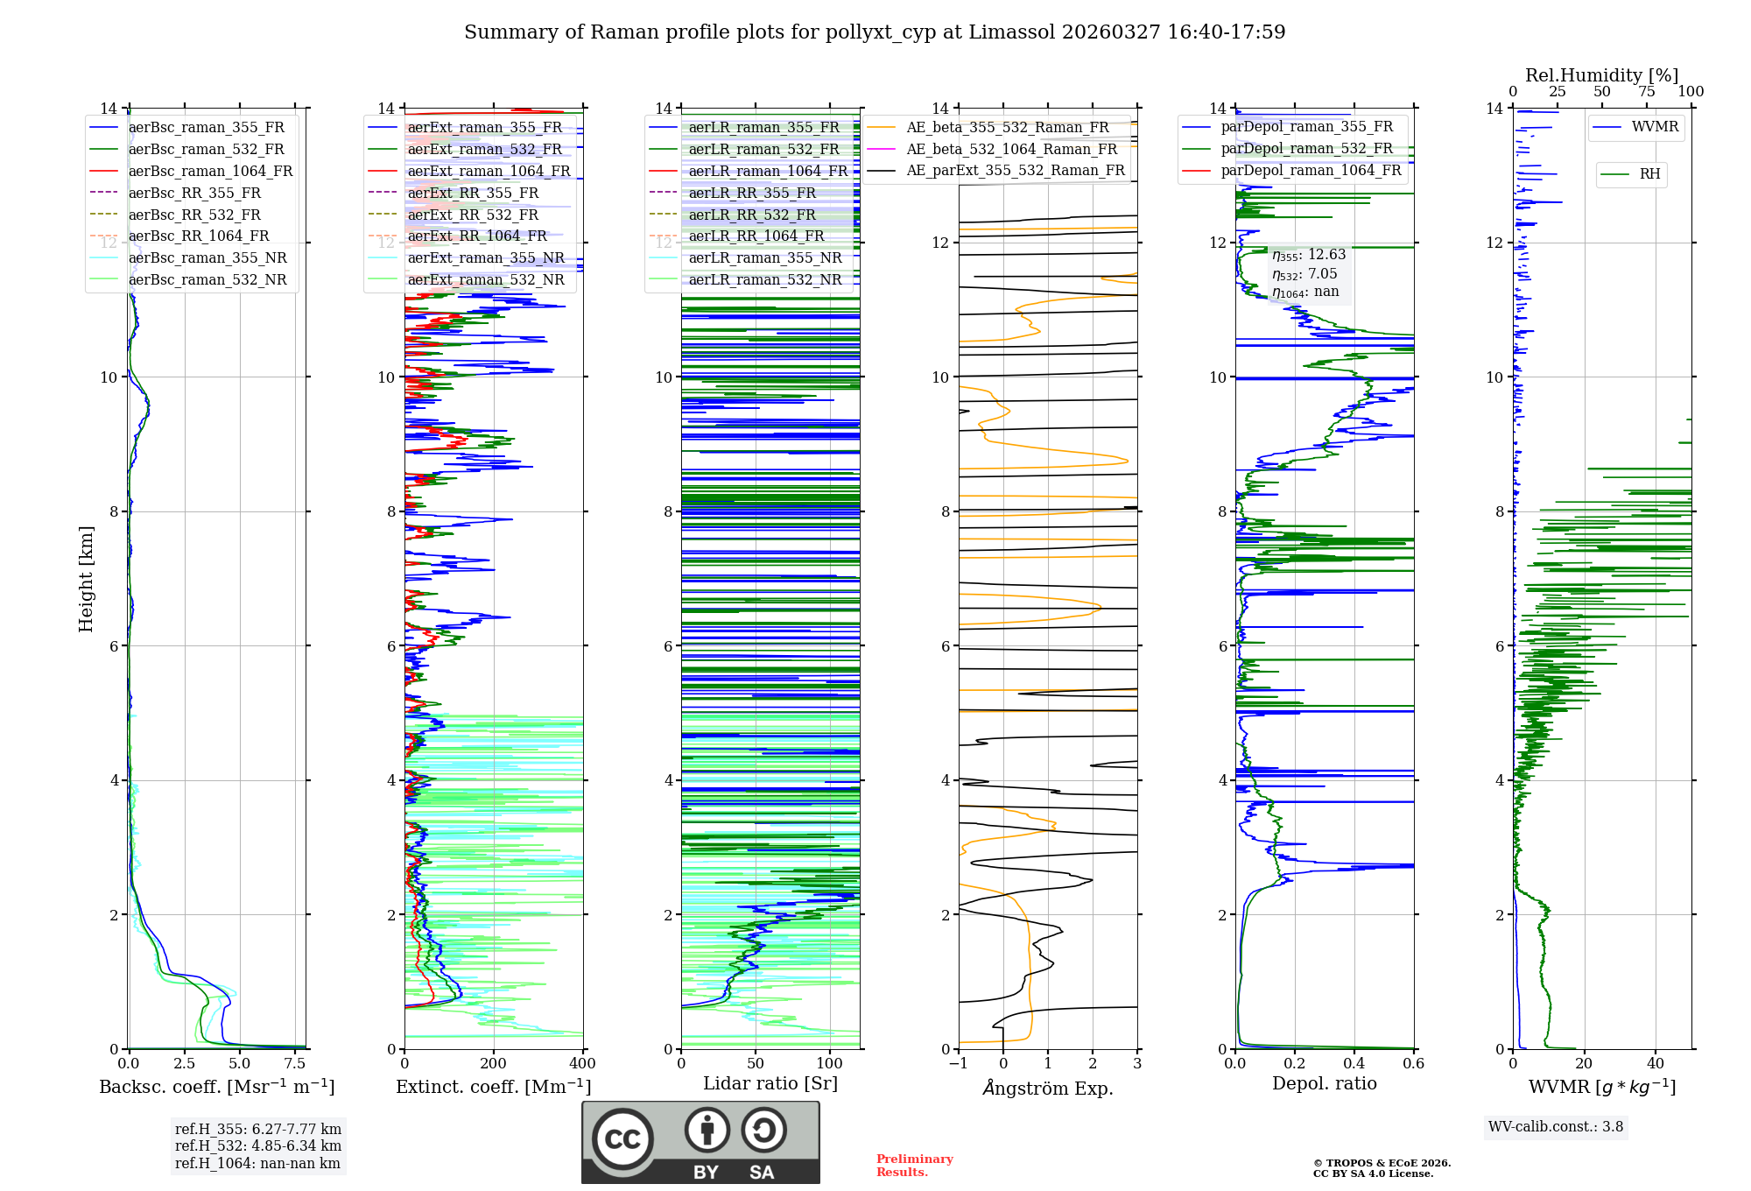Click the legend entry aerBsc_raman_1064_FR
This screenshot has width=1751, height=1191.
click(210, 172)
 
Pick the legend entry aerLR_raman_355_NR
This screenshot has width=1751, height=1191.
click(764, 258)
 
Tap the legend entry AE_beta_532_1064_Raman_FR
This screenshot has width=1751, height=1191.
click(1011, 150)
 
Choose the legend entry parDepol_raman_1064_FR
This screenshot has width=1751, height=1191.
click(1311, 171)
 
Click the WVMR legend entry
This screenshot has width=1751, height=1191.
click(1655, 128)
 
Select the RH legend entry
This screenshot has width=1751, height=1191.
click(1649, 174)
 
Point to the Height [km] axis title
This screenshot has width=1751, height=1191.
click(86, 579)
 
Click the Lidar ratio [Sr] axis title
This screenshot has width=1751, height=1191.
click(770, 1084)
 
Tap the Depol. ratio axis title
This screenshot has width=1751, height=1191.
click(1324, 1084)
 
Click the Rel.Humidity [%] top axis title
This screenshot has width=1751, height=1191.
click(1601, 75)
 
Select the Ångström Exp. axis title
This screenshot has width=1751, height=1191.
click(1047, 1089)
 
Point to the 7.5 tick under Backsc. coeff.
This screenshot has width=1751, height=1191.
click(295, 1064)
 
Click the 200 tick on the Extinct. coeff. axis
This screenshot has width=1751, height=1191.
click(494, 1064)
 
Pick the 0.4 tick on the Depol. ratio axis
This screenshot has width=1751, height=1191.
click(1354, 1064)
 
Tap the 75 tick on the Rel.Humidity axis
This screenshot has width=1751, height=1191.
click(1647, 92)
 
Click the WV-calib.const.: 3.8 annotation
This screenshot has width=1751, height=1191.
click(1556, 1127)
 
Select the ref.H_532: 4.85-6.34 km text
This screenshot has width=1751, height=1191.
click(258, 1146)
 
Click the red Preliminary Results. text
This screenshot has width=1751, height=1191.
click(914, 1166)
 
